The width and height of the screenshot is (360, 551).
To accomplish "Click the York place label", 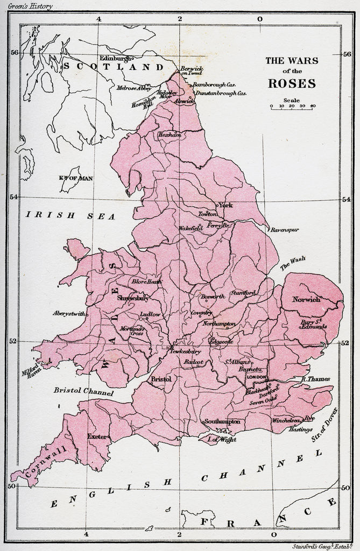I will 225,205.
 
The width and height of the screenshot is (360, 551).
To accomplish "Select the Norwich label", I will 306,299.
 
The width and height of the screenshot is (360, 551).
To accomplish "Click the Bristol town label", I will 160,379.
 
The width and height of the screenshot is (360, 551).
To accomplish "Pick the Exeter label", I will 98,436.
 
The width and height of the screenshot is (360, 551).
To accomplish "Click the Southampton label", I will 222,421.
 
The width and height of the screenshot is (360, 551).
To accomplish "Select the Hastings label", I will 300,429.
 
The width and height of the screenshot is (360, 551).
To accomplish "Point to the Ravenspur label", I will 285,230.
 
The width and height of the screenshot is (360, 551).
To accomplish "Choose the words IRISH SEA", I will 70,215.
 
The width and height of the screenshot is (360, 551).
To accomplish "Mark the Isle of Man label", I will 72,178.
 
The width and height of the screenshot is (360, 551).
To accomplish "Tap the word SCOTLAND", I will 114,67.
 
